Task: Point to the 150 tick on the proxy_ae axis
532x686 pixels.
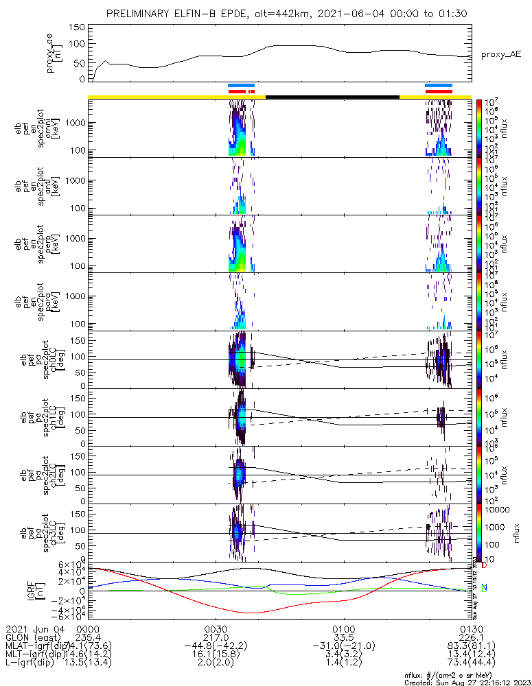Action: point(77,27)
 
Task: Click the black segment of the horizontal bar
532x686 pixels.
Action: point(332,97)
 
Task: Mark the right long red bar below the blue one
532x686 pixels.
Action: point(439,91)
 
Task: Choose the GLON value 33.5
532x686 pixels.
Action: point(343,637)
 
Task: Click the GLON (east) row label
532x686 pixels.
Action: point(34,637)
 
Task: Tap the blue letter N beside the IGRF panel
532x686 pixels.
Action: point(484,587)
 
